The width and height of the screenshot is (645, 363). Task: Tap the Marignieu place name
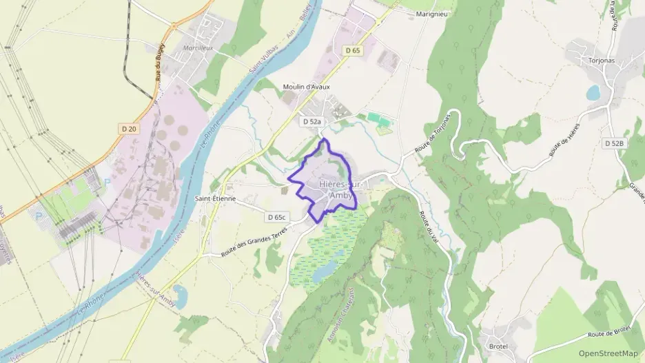pyautogui.click(x=433, y=14)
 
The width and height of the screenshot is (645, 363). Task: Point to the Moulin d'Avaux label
pyautogui.click(x=306, y=87)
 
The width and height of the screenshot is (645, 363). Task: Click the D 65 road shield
pyautogui.click(x=352, y=50)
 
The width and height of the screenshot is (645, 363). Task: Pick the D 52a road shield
pyautogui.click(x=311, y=121)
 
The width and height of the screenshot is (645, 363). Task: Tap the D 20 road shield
pyautogui.click(x=129, y=128)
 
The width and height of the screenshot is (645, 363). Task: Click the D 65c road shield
pyautogui.click(x=276, y=217)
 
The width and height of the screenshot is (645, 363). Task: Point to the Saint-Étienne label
pyautogui.click(x=215, y=198)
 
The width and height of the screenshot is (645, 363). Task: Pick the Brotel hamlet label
pyautogui.click(x=497, y=345)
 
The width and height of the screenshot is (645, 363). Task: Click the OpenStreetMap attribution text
pyautogui.click(x=608, y=353)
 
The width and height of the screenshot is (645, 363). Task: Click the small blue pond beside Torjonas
pyautogui.click(x=593, y=92)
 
